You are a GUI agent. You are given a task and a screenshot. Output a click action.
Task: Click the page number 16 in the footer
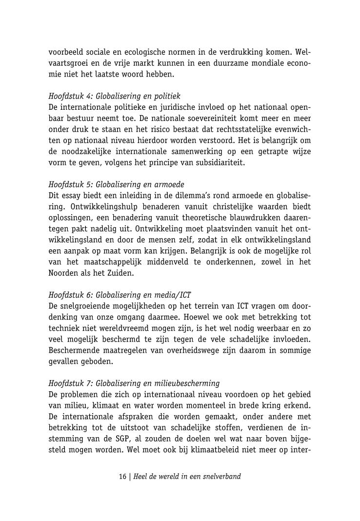122,477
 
